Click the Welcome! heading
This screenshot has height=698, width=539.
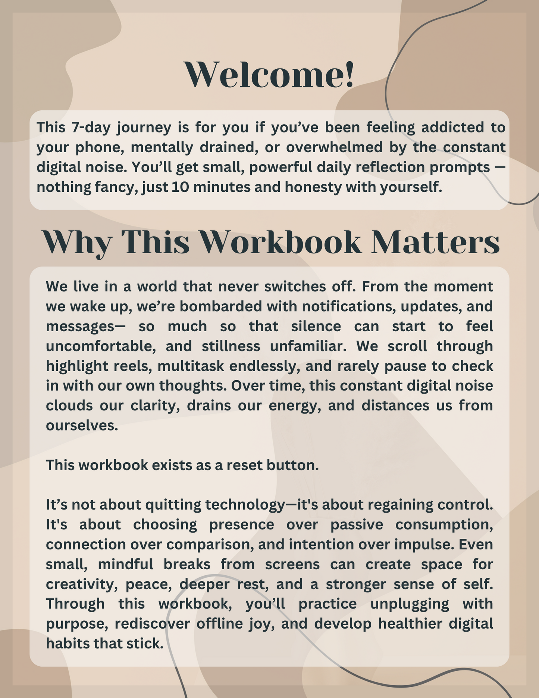pyautogui.click(x=269, y=75)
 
